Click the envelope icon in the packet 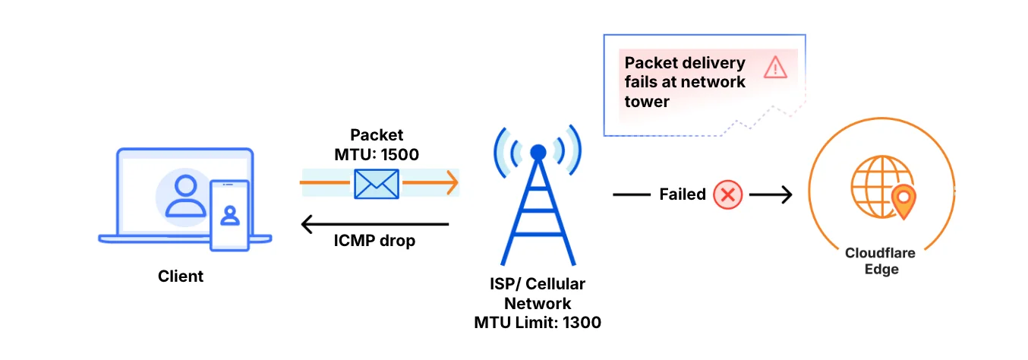(377, 183)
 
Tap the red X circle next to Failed (727, 194)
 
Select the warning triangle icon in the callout (775, 68)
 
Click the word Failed (682, 194)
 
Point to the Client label (181, 276)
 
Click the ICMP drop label (374, 242)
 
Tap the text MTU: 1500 (377, 153)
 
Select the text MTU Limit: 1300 (538, 323)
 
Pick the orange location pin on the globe (903, 200)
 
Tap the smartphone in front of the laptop (229, 215)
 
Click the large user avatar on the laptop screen (185, 196)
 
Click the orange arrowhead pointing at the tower (452, 183)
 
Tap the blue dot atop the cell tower (538, 152)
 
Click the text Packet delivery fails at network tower (684, 82)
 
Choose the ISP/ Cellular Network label (538, 294)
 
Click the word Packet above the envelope (377, 135)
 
